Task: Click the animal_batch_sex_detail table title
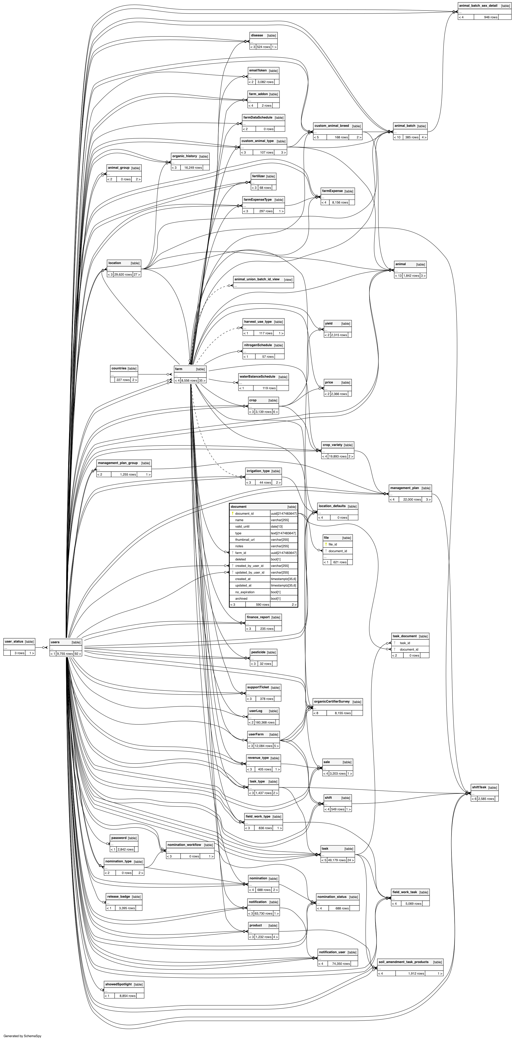tap(478, 6)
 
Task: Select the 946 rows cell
tap(490, 17)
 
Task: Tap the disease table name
tap(257, 35)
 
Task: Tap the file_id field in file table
tap(333, 544)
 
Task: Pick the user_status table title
tap(14, 642)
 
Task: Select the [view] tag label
tap(288, 279)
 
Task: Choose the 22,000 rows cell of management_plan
tap(412, 499)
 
